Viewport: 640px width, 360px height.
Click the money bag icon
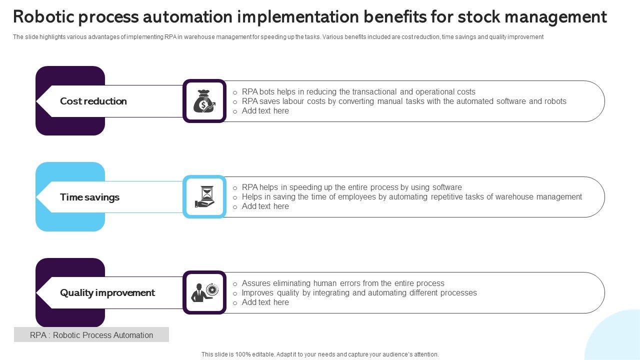tap(204, 101)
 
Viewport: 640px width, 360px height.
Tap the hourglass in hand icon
tap(204, 197)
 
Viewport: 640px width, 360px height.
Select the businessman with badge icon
tap(204, 292)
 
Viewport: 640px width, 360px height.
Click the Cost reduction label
tap(93, 101)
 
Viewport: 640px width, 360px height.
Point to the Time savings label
tap(89, 197)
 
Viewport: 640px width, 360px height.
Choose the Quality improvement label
tap(107, 292)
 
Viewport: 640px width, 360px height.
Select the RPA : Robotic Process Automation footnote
tap(91, 335)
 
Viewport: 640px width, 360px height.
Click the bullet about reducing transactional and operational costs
tap(358, 92)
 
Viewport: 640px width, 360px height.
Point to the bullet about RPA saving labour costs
tap(404, 101)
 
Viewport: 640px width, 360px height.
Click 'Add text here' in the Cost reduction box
tap(265, 111)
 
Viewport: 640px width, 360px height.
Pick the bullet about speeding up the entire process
tap(351, 187)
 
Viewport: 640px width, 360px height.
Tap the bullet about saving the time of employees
tap(411, 197)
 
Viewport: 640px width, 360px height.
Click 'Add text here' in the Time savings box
tap(265, 206)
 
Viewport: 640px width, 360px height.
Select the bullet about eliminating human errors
tap(343, 283)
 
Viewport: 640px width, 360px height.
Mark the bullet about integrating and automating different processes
tap(359, 293)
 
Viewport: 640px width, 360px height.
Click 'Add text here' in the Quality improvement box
tap(265, 302)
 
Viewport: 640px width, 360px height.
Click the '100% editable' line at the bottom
tap(320, 354)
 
